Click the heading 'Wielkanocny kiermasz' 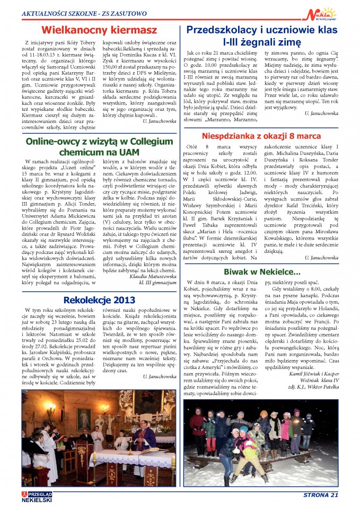99,30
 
